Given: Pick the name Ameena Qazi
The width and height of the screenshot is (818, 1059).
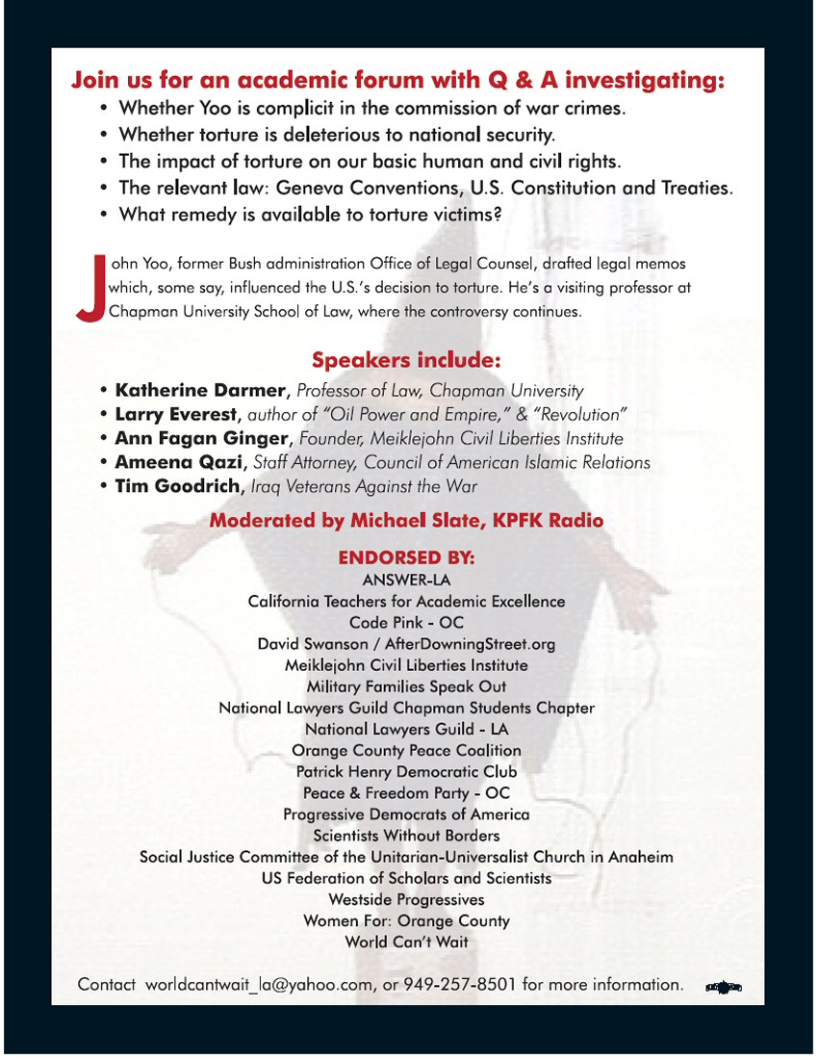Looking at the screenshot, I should click(180, 463).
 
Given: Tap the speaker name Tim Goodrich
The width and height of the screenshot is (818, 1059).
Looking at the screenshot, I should click(177, 487).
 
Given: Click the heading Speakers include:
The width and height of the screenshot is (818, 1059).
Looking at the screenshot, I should click(406, 361).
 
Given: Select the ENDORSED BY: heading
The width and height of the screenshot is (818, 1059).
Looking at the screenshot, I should click(406, 557).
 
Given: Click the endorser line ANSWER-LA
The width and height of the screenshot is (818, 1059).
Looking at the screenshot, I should click(406, 580).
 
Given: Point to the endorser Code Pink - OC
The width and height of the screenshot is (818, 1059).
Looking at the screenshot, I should click(406, 623).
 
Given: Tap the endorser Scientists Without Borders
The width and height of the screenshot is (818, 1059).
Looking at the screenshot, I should click(406, 836).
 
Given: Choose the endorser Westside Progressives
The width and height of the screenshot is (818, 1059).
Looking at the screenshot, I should click(406, 899).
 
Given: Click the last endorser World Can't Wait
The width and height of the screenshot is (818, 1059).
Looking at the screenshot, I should click(406, 942).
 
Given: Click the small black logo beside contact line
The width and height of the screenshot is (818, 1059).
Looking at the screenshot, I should click(724, 987).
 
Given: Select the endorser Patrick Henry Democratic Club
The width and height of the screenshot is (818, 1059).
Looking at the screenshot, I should click(406, 771).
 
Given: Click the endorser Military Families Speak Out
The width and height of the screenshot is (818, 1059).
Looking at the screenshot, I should click(406, 686).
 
